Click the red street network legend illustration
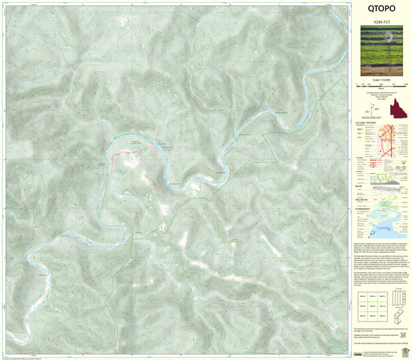click(x=393, y=137)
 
